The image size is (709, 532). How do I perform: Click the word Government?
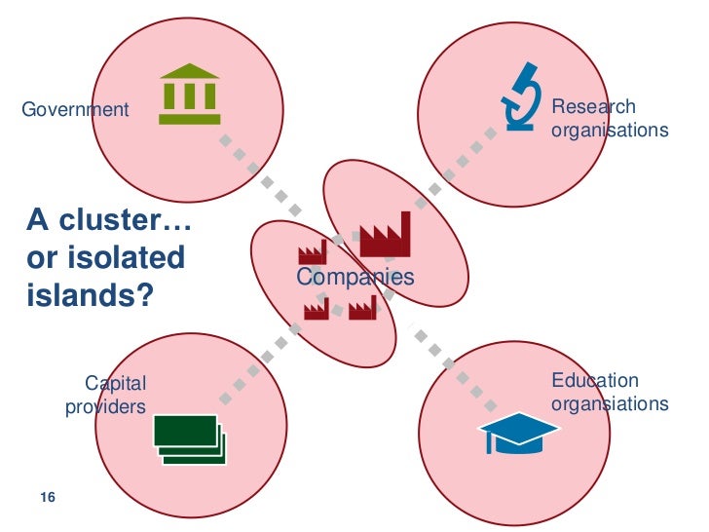tap(75, 109)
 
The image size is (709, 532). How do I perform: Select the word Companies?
tap(354, 278)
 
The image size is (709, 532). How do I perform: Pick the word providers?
tap(105, 406)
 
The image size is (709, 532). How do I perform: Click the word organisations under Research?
tap(610, 130)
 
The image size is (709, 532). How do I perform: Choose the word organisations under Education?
tap(610, 403)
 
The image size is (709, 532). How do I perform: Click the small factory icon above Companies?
tap(312, 252)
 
